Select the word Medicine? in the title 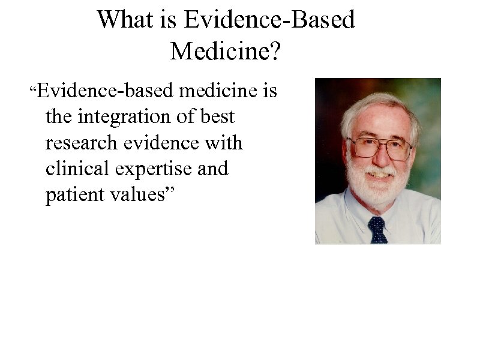click(x=226, y=52)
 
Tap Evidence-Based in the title click(x=269, y=20)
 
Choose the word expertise click(x=158, y=170)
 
